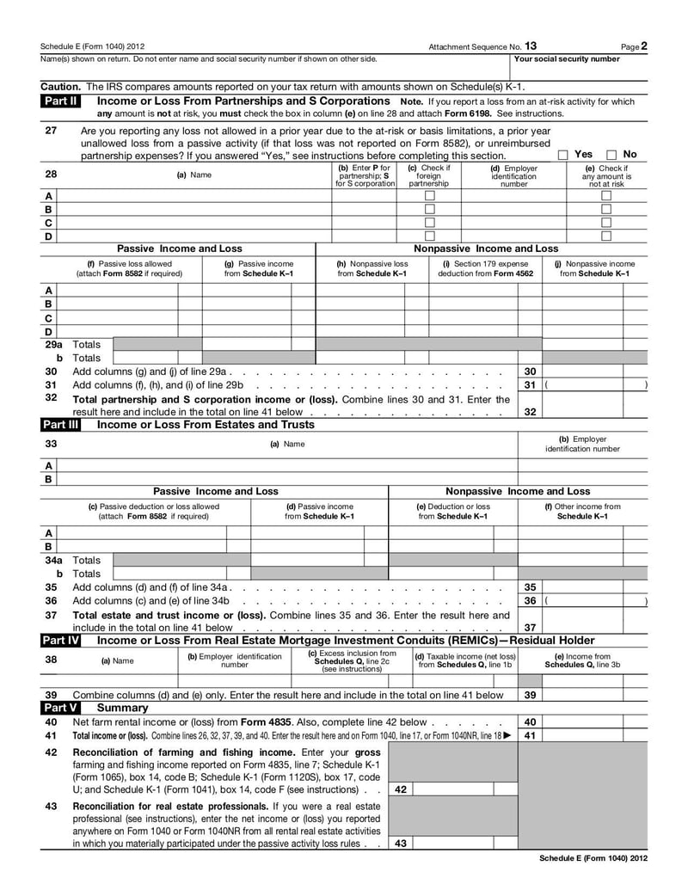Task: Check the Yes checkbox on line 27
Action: click(x=563, y=155)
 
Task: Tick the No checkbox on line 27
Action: click(x=611, y=155)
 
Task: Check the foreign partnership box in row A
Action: click(x=429, y=196)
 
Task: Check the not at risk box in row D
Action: click(x=606, y=236)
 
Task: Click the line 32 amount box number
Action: click(x=531, y=412)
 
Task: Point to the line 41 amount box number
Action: click(x=531, y=736)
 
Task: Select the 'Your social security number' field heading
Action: click(x=567, y=59)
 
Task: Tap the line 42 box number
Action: click(x=401, y=789)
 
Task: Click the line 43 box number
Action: click(x=401, y=844)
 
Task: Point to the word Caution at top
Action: click(x=60, y=87)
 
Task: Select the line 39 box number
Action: click(x=531, y=695)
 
